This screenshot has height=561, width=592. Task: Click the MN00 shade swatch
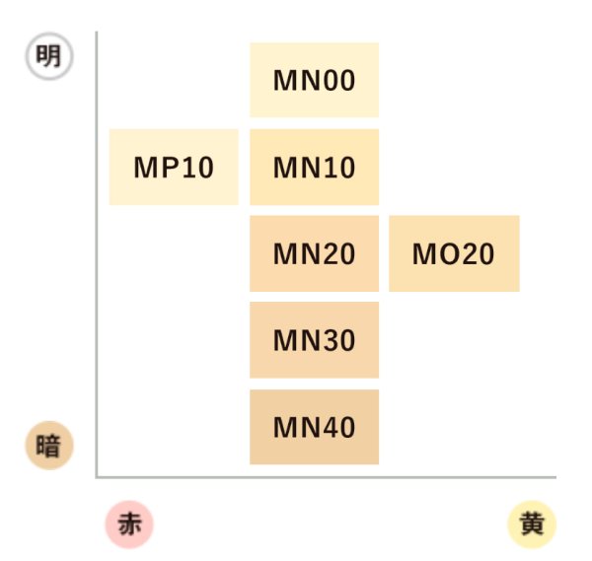click(314, 80)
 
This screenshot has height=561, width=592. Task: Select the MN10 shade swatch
click(314, 167)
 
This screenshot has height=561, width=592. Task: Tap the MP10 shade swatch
click(174, 167)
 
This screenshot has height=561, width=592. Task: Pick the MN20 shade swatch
click(314, 253)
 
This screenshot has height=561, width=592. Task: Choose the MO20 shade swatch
click(454, 253)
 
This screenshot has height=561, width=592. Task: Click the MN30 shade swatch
click(314, 340)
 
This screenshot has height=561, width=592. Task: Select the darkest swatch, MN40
click(314, 427)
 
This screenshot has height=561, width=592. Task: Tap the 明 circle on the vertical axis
click(47, 57)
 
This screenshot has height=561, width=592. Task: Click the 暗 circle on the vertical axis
click(47, 447)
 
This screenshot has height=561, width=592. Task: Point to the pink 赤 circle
click(129, 525)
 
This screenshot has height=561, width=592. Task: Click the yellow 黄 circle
click(533, 525)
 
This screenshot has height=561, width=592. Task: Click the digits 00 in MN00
click(337, 81)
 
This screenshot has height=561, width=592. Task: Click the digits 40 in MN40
click(337, 428)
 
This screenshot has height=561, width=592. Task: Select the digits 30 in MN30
click(337, 341)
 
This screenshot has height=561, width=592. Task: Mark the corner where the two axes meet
click(97, 476)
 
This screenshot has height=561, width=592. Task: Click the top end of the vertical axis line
click(97, 33)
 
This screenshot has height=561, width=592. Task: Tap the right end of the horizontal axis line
click(555, 476)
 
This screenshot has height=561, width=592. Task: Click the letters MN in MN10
click(293, 168)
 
